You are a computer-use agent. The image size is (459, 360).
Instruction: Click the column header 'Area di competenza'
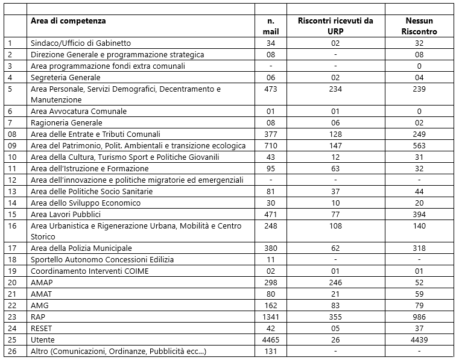pos(68,21)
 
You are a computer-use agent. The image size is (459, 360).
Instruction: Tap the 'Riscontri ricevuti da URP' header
pos(335,25)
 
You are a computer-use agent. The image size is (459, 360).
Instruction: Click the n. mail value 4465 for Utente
pos(271,340)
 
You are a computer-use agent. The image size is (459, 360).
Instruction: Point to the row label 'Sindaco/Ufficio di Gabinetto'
pos(81,43)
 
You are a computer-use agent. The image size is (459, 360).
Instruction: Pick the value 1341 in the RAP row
pos(271,317)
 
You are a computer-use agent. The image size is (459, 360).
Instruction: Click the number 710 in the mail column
pos(271,145)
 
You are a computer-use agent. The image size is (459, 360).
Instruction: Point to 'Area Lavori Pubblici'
pos(66,214)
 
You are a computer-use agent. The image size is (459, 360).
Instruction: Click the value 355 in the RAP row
pos(335,317)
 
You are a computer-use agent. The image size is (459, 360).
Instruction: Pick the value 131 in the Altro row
pos(271,352)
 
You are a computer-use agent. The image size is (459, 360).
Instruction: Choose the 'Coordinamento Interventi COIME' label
pos(89,271)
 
